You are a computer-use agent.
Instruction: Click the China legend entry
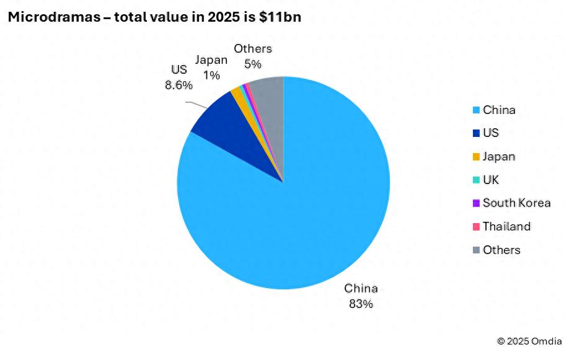tap(499, 110)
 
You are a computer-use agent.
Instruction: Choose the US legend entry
tap(491, 133)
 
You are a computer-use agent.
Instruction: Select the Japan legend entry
tap(499, 157)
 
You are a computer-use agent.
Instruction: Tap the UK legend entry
tap(491, 180)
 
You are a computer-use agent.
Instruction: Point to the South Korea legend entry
tap(516, 203)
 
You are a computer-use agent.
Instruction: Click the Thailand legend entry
tap(506, 227)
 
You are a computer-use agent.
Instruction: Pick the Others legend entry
tap(501, 250)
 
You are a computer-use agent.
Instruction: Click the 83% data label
tap(361, 304)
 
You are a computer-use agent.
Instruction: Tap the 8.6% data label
tap(178, 86)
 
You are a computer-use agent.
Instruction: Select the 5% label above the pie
tap(253, 64)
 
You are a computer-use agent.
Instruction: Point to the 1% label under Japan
tap(211, 76)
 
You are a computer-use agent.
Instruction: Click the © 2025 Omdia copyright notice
tap(529, 341)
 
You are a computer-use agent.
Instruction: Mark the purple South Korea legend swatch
tap(476, 203)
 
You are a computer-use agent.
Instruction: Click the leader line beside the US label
tap(197, 104)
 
